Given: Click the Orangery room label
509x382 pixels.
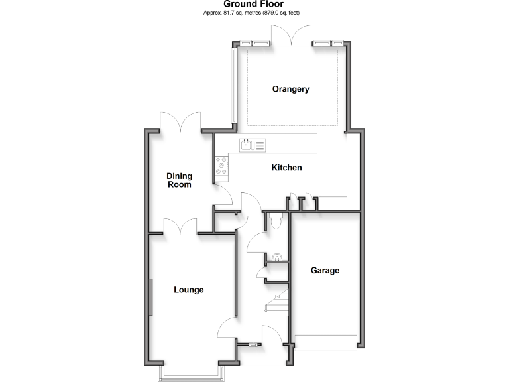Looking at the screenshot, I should tap(291, 89).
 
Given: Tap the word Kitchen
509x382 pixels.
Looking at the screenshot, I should tap(286, 168).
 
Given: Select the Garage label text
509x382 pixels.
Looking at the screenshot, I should tap(325, 271).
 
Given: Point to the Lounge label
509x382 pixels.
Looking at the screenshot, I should tap(189, 290).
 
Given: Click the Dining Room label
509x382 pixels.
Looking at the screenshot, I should tap(179, 180).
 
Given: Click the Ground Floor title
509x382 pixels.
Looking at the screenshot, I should tap(253, 4).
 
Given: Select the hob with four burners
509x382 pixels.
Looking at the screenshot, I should tap(221, 166).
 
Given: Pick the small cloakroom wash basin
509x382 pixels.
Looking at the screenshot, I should tap(276, 257).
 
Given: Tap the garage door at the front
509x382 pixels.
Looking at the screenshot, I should tap(325, 343).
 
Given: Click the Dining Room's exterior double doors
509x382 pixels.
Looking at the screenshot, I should tap(181, 121).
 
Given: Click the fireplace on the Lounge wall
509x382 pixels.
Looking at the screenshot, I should tap(150, 297).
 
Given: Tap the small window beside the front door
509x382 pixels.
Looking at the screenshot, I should tap(252, 344).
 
